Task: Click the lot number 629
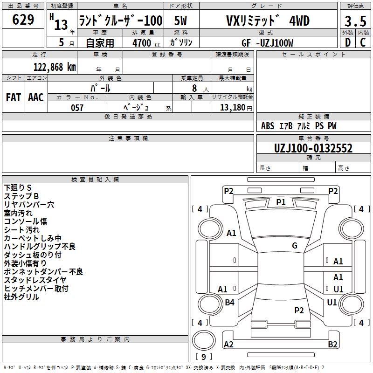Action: (x=23, y=19)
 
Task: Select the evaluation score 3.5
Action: (x=355, y=21)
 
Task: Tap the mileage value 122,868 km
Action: (x=55, y=67)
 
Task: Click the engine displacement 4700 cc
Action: (x=146, y=43)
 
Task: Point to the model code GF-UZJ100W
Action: (x=267, y=43)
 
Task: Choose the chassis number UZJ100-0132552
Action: (x=313, y=148)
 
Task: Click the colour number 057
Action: (x=77, y=108)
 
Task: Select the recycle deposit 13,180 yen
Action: (x=236, y=108)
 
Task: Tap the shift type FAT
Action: (x=14, y=97)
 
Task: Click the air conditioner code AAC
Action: (x=36, y=97)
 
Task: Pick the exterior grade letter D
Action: (x=348, y=42)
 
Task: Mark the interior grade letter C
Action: (x=363, y=42)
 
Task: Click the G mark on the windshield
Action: (x=295, y=245)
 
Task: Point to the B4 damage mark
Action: (x=229, y=302)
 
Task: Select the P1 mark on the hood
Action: (x=281, y=202)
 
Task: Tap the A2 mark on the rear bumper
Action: (x=228, y=344)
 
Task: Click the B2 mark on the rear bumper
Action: (x=332, y=344)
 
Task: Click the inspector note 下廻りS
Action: (x=18, y=188)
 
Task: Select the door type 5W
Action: (x=180, y=21)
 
